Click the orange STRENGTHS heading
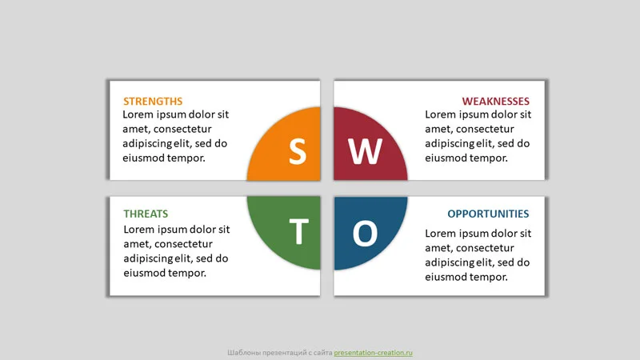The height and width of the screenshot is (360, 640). pyautogui.click(x=153, y=102)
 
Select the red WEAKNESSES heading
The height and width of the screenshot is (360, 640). pyautogui.click(x=495, y=102)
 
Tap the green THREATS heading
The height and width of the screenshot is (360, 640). pyautogui.click(x=146, y=214)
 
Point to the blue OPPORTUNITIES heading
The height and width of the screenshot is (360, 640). pyautogui.click(x=488, y=214)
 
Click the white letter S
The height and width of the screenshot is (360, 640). pyautogui.click(x=297, y=151)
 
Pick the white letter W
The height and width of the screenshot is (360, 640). pyautogui.click(x=365, y=151)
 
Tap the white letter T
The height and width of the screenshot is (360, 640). pyautogui.click(x=298, y=233)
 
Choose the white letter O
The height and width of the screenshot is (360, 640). pyautogui.click(x=365, y=234)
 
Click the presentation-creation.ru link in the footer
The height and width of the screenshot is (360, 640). pyautogui.click(x=373, y=353)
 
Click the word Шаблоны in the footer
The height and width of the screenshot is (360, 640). pyautogui.click(x=244, y=353)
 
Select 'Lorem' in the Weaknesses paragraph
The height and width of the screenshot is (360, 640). pyautogui.click(x=441, y=115)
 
